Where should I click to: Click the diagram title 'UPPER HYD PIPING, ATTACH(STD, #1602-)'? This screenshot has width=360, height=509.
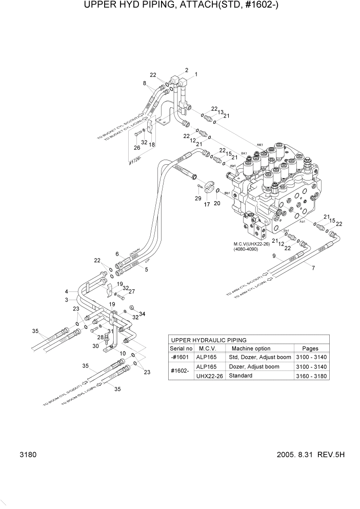click(180, 7)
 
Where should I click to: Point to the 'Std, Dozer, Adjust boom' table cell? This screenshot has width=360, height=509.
click(259, 358)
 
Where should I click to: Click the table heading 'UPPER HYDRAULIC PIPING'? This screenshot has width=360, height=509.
click(209, 340)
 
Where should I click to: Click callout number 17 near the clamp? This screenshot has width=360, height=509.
click(207, 205)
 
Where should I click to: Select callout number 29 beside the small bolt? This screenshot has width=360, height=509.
click(198, 198)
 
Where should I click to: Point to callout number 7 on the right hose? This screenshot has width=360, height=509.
click(313, 268)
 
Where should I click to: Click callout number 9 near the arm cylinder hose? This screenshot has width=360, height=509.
click(274, 256)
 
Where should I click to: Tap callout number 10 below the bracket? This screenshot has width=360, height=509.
click(123, 354)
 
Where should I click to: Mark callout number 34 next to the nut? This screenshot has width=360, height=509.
click(142, 314)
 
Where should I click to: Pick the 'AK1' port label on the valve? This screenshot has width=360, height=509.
click(259, 145)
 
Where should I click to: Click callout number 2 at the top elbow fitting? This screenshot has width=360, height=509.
click(187, 70)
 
